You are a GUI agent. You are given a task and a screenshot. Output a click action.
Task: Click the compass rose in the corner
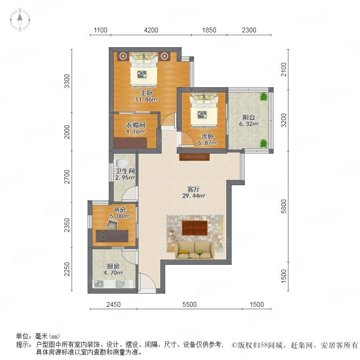pyautogui.click(x=20, y=20)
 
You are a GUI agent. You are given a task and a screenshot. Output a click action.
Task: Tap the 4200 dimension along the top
pyautogui.click(x=151, y=30)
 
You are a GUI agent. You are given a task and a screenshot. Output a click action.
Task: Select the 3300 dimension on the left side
pyautogui.click(x=67, y=81)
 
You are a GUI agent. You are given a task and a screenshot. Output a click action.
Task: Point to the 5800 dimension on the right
pyautogui.click(x=284, y=206)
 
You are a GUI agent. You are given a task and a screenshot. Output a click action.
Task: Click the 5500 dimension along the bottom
pyautogui.click(x=190, y=304)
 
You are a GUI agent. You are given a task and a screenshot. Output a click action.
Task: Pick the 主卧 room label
pyautogui.click(x=146, y=93)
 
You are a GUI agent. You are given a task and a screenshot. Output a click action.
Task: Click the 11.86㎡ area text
pyautogui.click(x=146, y=100)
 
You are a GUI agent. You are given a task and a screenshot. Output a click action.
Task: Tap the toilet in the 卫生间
pyautogui.click(x=121, y=163)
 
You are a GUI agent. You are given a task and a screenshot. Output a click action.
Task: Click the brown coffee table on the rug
pyautogui.click(x=195, y=228)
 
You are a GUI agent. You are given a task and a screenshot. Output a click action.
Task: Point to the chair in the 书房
pyautogui.click(x=112, y=224)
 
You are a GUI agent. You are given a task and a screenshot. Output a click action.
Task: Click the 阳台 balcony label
pyautogui.click(x=249, y=117)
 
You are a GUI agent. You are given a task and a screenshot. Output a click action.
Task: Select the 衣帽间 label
pyautogui.click(x=136, y=125)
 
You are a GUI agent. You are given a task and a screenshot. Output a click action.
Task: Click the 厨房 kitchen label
pyautogui.click(x=113, y=266)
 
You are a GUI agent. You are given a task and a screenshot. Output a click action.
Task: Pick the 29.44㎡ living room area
pyautogui.click(x=194, y=196)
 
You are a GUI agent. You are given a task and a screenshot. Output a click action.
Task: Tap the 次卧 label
pyautogui.click(x=208, y=136)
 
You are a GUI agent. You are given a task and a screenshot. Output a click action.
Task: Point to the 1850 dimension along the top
pyautogui.click(x=209, y=30)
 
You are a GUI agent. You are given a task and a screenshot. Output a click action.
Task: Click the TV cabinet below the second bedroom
pyautogui.click(x=194, y=157)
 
